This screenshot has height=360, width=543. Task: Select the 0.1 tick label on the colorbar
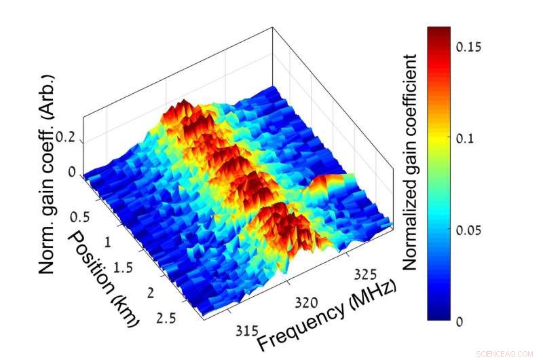point(464,138)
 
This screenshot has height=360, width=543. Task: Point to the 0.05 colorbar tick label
point(469,230)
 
